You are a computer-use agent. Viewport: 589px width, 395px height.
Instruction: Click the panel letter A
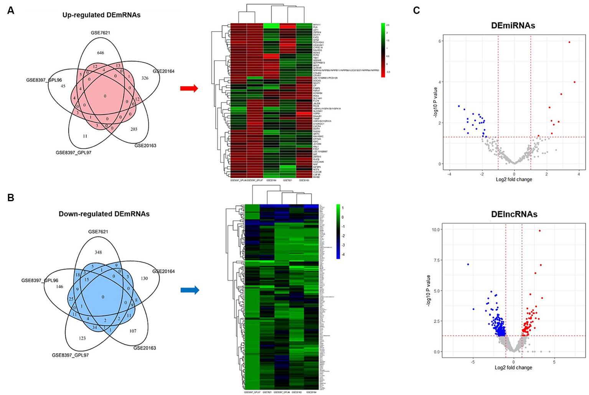tap(11, 11)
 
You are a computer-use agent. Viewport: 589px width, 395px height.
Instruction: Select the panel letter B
tap(11, 198)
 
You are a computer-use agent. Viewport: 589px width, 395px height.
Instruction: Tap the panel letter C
tap(416, 11)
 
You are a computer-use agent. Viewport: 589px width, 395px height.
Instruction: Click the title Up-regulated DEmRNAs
tap(101, 15)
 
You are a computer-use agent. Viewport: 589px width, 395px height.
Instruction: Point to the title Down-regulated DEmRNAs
tap(104, 214)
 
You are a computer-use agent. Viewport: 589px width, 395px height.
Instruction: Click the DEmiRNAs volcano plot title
tap(513, 26)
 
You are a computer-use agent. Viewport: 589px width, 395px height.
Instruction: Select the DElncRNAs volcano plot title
tap(513, 214)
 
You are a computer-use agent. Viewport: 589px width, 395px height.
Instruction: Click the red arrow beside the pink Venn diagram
tap(189, 89)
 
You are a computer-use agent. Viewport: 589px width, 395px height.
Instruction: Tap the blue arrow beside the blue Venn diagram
tap(190, 290)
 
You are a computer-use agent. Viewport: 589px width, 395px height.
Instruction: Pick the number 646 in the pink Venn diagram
tap(101, 53)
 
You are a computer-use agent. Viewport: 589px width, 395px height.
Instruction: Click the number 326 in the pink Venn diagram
tap(145, 78)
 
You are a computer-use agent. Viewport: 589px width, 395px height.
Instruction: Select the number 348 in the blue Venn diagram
tap(98, 252)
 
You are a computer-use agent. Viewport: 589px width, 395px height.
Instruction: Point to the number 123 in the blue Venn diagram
tap(82, 338)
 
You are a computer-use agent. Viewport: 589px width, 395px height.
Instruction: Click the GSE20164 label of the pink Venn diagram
tap(163, 71)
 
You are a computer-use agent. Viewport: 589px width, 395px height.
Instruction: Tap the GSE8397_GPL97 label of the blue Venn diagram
tap(70, 355)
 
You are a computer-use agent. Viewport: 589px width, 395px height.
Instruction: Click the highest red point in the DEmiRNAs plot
tap(569, 42)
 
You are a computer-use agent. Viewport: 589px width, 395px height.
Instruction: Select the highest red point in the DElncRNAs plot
tap(540, 231)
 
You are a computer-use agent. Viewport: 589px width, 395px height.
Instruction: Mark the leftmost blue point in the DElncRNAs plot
tap(468, 264)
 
